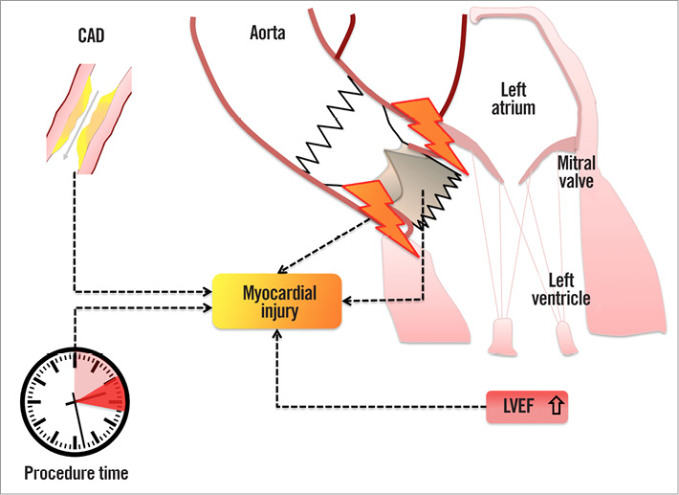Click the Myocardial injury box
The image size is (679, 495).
pos(276,301)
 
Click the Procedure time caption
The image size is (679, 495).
pos(76,473)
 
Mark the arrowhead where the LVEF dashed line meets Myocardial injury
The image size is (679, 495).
pos(277,333)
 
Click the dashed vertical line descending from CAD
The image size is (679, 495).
pos(75,230)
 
